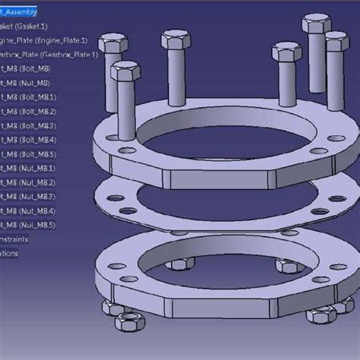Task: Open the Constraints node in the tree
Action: pyautogui.click(x=15, y=239)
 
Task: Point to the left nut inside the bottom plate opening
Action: pyautogui.click(x=177, y=264)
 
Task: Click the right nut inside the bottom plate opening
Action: pyautogui.click(x=286, y=266)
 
